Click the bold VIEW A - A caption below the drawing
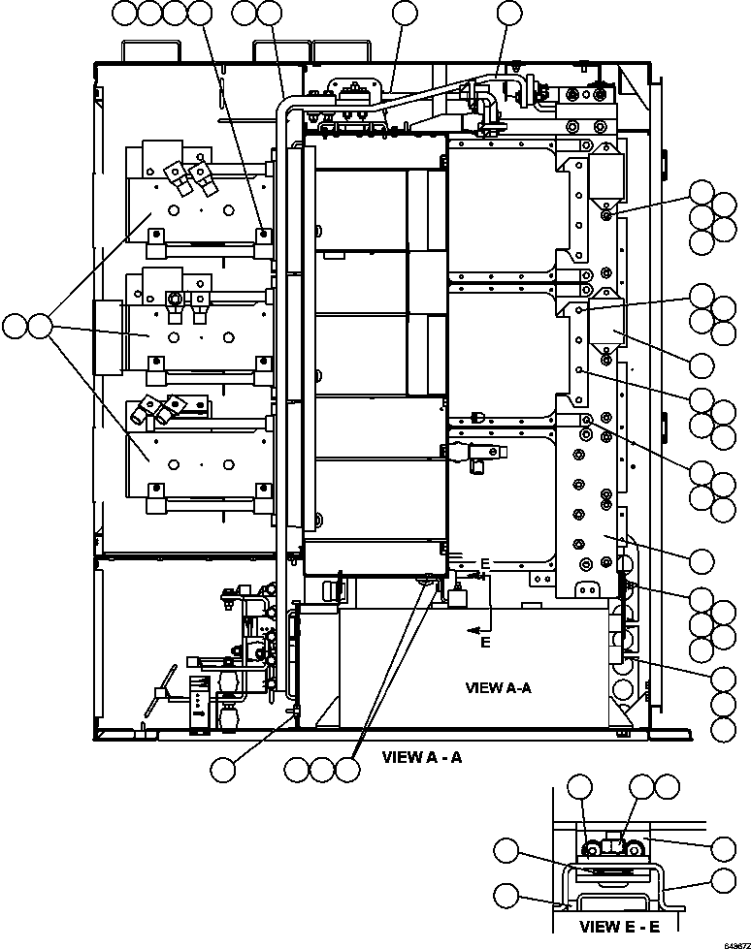coord(422,757)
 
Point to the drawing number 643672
coord(732,942)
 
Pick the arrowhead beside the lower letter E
coord(473,630)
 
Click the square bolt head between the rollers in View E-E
coord(613,847)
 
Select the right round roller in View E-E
coord(637,851)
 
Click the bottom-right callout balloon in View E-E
coord(722,880)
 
